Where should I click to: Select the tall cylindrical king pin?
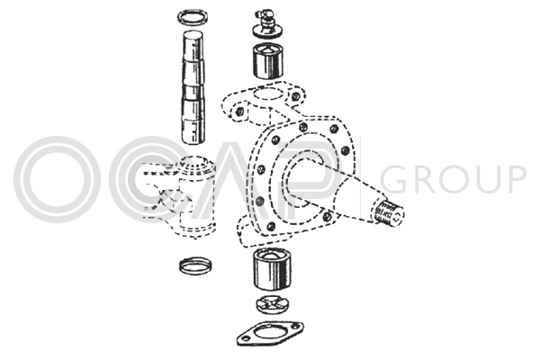pyautogui.click(x=193, y=88)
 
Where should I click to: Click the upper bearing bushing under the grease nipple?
pyautogui.click(x=268, y=61)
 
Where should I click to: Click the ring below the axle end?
pyautogui.click(x=195, y=265)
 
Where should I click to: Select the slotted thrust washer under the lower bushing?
pyautogui.click(x=273, y=304)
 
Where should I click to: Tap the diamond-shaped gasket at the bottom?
pyautogui.click(x=270, y=334)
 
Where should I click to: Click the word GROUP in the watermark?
pyautogui.click(x=453, y=179)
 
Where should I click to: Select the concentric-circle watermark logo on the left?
pyautogui.click(x=58, y=179)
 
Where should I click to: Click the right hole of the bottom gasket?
pyautogui.click(x=294, y=326)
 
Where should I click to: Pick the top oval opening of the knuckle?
pyautogui.click(x=268, y=94)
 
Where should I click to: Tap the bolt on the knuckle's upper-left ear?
pyautogui.click(x=238, y=112)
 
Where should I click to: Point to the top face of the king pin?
pyautogui.click(x=193, y=35)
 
